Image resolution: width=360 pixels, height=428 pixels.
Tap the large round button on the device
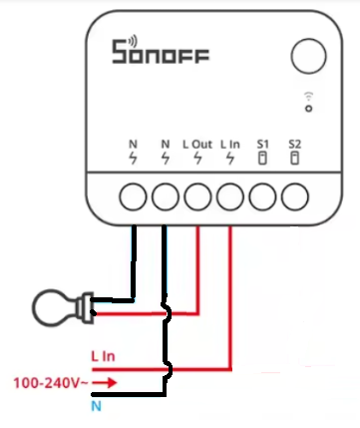(x=308, y=56)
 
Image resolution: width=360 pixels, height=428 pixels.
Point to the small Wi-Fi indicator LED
(x=309, y=109)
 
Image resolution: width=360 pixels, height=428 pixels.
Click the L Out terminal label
(x=197, y=145)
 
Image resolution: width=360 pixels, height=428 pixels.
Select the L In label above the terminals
(x=230, y=145)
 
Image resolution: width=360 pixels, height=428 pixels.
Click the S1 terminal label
(x=262, y=144)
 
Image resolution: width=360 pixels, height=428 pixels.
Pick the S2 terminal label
(x=294, y=144)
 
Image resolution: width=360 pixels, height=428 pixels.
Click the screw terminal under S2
(x=295, y=197)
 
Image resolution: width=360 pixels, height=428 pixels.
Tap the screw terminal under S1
(x=262, y=197)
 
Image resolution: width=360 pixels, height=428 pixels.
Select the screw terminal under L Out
(x=197, y=197)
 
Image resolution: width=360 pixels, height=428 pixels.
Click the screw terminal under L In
(x=230, y=197)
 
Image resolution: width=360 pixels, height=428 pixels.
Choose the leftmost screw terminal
(x=133, y=197)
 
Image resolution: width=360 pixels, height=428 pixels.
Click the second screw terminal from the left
(x=166, y=197)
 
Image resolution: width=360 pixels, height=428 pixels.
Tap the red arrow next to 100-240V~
(x=105, y=383)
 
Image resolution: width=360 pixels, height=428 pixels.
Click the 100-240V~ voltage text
(x=51, y=383)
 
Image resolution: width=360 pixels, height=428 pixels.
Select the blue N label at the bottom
(x=96, y=406)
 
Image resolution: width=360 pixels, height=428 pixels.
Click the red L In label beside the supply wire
(x=103, y=356)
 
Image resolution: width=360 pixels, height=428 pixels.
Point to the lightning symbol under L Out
(x=197, y=158)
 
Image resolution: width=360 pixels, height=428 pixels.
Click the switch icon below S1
(x=262, y=158)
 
